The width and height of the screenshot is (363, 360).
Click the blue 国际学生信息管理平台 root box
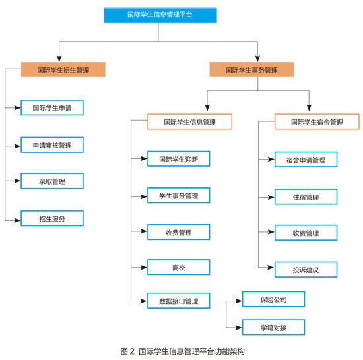160,15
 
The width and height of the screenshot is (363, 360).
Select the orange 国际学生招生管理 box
63,69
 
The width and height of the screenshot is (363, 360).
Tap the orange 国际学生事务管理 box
251,69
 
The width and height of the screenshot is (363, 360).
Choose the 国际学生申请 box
52,107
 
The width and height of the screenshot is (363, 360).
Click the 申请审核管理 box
52,145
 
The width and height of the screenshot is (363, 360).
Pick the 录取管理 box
52,181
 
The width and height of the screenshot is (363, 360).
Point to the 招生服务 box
52,218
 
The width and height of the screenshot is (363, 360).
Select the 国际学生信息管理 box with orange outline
190,121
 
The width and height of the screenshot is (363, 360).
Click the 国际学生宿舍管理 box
317,121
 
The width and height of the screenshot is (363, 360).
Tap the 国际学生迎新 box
179,159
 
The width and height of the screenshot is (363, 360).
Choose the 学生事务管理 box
179,195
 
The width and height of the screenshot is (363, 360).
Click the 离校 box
179,267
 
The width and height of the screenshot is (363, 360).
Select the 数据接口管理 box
179,301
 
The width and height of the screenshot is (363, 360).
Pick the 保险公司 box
274,299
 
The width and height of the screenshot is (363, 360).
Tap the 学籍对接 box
274,328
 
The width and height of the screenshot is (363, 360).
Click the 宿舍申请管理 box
306,160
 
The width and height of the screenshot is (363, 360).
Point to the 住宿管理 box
306,196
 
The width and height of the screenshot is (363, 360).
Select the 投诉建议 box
306,270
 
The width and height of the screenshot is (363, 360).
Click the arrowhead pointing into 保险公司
239,301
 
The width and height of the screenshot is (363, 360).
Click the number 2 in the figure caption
132,351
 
